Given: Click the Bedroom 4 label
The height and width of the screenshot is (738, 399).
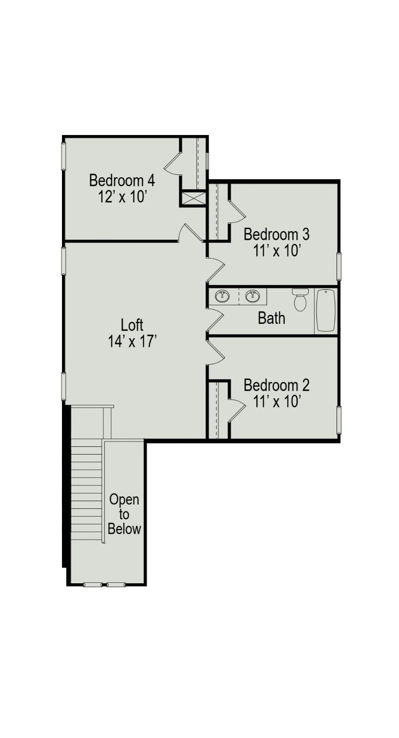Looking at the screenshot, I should (x=122, y=181).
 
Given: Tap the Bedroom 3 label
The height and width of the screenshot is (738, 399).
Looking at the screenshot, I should (x=277, y=234).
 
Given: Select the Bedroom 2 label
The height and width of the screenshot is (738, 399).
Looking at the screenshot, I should (x=277, y=385).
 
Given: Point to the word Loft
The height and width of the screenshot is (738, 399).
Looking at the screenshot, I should (x=132, y=325).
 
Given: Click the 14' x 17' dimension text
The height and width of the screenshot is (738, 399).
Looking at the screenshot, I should (x=133, y=341).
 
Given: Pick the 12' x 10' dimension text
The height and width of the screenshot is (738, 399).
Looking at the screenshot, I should (x=122, y=197).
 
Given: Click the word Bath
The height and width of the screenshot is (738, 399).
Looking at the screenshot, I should (x=271, y=318).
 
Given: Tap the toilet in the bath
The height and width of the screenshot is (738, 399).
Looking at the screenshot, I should (x=301, y=300).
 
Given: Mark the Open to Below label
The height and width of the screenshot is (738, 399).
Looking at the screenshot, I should (x=124, y=514).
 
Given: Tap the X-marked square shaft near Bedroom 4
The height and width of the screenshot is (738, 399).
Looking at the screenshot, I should (x=193, y=198).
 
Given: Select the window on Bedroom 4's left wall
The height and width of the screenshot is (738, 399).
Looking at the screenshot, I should (x=63, y=156).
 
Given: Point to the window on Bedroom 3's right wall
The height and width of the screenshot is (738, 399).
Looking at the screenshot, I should (x=339, y=266).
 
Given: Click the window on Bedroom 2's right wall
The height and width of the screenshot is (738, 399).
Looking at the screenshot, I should (x=339, y=419).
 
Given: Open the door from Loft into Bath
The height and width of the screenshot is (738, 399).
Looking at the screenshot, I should (x=215, y=320).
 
